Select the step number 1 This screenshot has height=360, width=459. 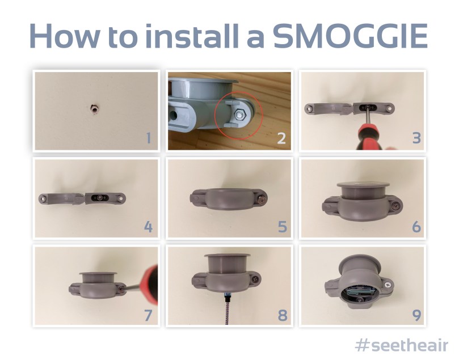(148, 138)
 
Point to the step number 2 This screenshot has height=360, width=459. (282, 138)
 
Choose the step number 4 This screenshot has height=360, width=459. (148, 227)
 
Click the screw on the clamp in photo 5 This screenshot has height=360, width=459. (261, 199)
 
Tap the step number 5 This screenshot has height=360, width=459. (282, 227)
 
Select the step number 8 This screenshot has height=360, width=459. (282, 315)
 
